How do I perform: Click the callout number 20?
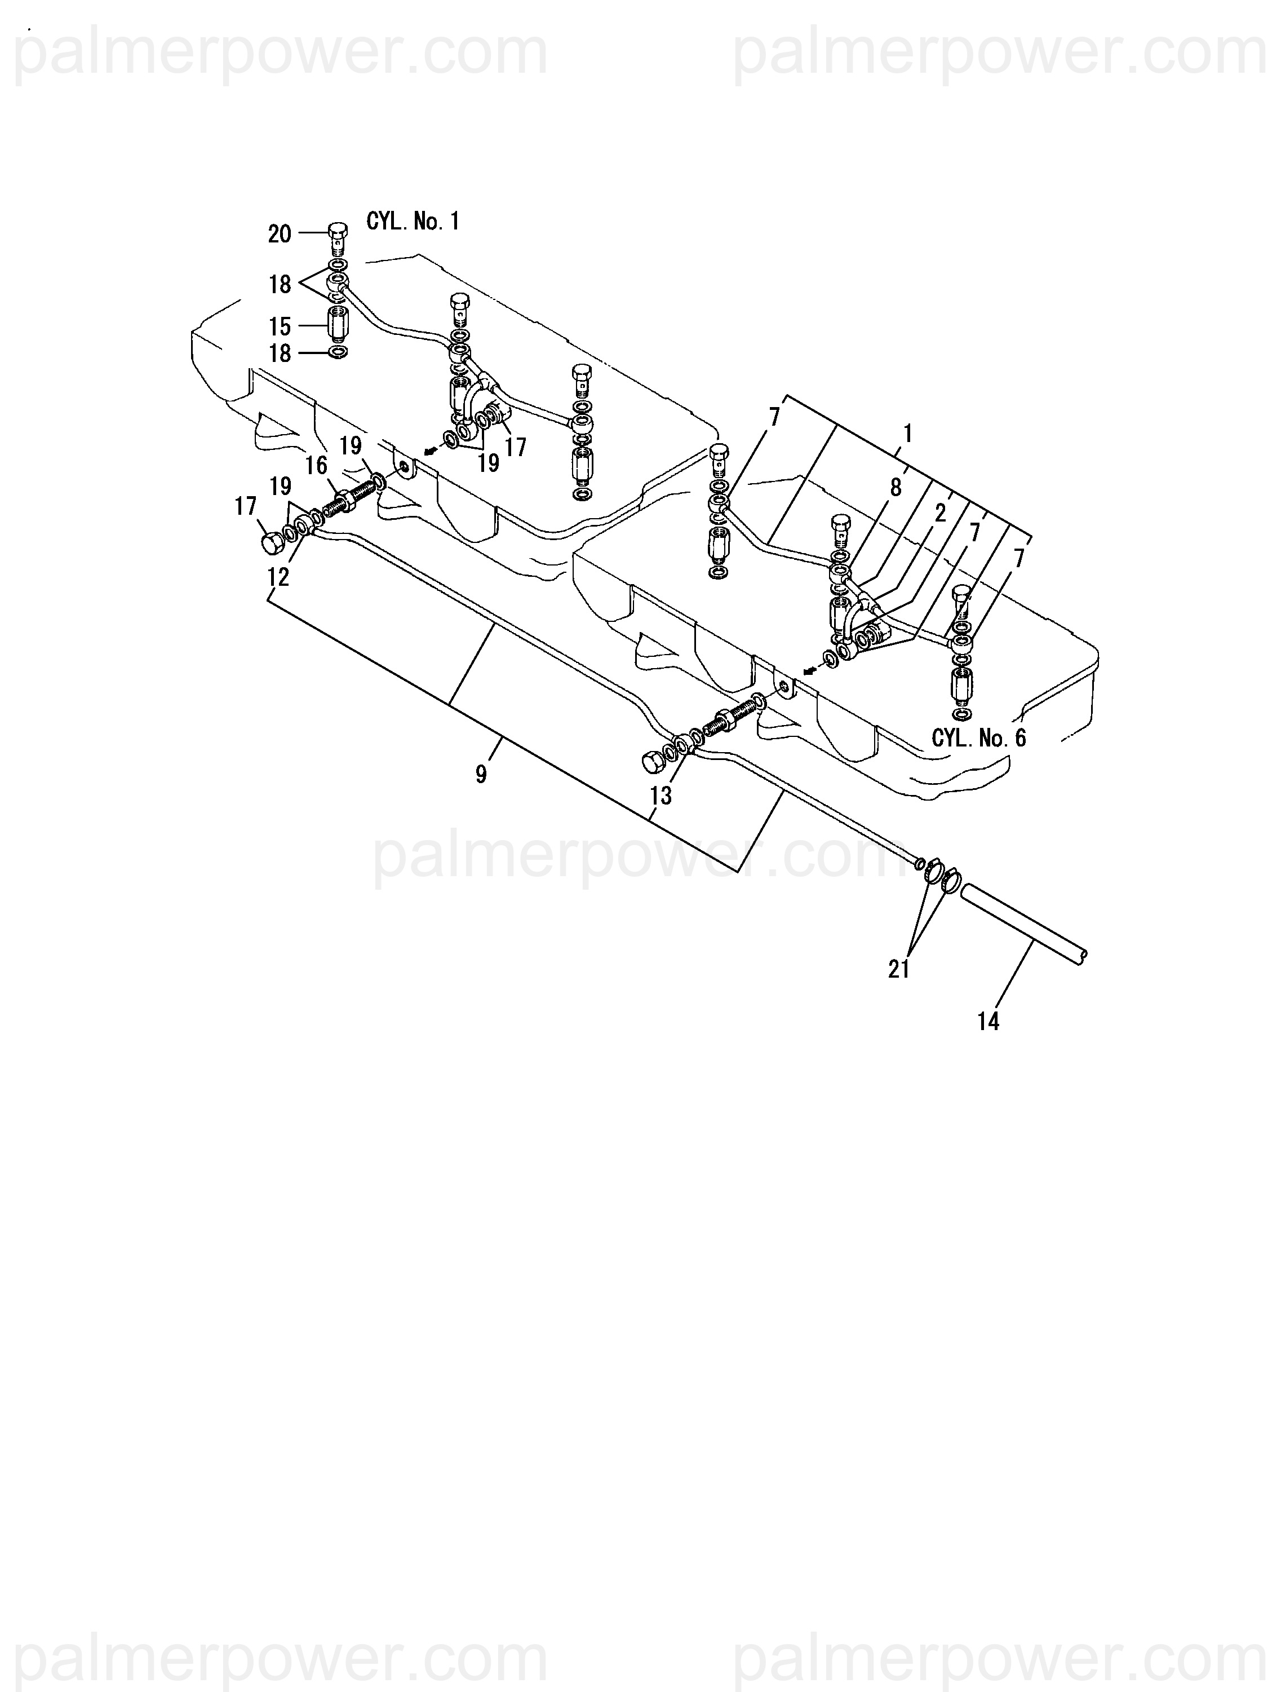pos(279,234)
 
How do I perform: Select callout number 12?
pos(278,577)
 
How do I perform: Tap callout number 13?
pos(660,796)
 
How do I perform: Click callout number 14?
pos(988,1021)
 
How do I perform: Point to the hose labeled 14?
pos(1025,926)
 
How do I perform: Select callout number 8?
pos(896,487)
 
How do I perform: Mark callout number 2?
pos(940,513)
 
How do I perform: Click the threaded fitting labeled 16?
pos(348,502)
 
